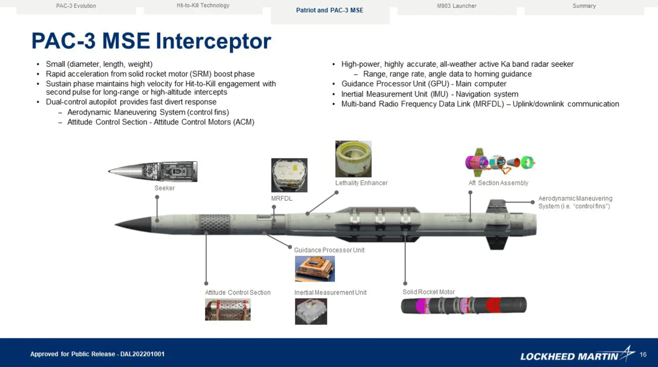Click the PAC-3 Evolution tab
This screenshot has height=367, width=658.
point(76,6)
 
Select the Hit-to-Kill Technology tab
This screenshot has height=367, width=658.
point(203,5)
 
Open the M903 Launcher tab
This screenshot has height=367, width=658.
point(453,6)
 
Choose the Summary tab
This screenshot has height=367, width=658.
point(584,6)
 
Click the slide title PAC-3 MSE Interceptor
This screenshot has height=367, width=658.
point(151,41)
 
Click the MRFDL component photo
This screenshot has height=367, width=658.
point(289,175)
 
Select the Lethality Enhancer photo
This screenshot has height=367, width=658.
point(353,159)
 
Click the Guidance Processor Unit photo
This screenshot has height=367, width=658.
point(315,269)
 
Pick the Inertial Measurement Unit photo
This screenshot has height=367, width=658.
point(311,311)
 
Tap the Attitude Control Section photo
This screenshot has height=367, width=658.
point(228,310)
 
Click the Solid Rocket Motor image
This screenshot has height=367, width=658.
point(463,305)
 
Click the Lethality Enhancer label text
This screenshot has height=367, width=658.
point(361,183)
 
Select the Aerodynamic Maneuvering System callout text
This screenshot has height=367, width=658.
point(575,202)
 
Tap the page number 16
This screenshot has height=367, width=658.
point(643,355)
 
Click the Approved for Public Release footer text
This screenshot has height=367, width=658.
point(97,354)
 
